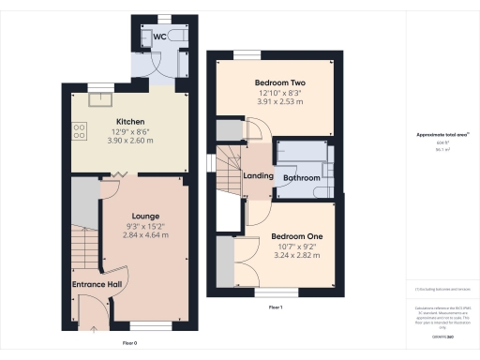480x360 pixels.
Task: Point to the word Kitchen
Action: point(128,122)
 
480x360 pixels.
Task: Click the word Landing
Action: point(258,176)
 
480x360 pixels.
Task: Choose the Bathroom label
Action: point(303,177)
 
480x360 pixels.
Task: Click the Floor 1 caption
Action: point(276,307)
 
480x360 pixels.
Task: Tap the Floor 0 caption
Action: point(130,343)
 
